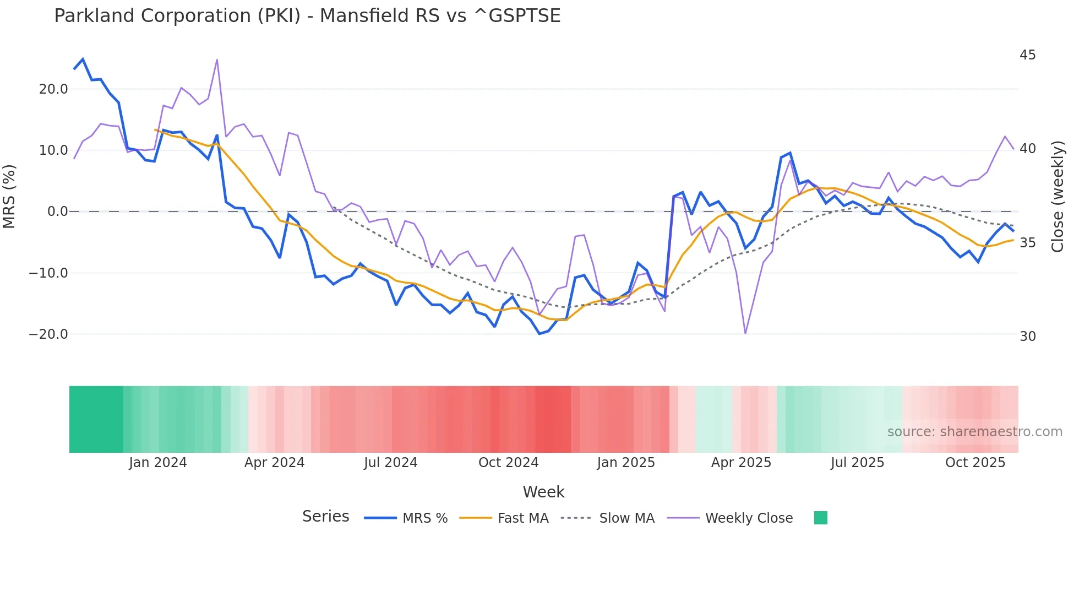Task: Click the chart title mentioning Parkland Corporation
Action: point(307,16)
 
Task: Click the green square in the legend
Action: point(820,518)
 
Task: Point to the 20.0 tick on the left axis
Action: point(53,89)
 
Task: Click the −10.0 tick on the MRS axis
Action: point(48,273)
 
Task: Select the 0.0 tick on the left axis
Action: point(57,212)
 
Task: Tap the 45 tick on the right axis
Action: point(1027,55)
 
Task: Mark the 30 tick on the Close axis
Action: point(1027,337)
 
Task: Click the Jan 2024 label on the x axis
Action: point(158,463)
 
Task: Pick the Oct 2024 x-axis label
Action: point(508,463)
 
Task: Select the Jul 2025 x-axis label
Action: point(857,463)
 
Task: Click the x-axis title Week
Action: point(543,492)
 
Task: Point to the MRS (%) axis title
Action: point(9,196)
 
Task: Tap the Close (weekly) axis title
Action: point(1058,197)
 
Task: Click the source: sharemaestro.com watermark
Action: point(974,432)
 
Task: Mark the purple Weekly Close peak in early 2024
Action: point(217,59)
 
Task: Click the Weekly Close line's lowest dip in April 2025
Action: point(745,333)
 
